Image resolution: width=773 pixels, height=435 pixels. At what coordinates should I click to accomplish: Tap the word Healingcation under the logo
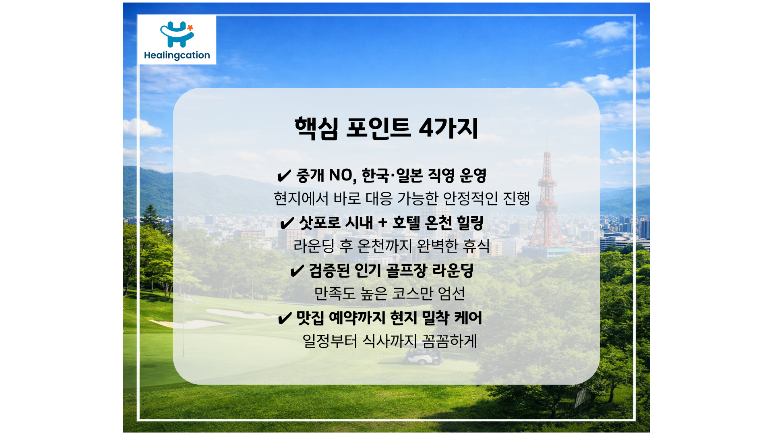[177, 55]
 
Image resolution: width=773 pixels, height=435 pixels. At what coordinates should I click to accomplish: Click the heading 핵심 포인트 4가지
[386, 128]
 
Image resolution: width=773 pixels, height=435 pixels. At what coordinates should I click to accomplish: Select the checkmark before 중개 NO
[284, 176]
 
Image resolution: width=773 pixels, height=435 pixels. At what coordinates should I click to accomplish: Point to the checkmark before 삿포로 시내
[287, 223]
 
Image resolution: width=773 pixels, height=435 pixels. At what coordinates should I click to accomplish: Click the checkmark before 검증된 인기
[297, 271]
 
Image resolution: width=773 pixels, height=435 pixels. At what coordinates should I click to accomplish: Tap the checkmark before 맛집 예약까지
[285, 319]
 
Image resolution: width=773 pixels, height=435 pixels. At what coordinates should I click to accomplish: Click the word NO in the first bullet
[341, 176]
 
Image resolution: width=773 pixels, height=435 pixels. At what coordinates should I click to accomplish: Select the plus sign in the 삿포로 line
[382, 223]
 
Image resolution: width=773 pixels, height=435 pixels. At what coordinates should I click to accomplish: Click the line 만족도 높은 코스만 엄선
[390, 294]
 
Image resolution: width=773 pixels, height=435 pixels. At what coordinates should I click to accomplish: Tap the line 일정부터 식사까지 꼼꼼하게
[390, 341]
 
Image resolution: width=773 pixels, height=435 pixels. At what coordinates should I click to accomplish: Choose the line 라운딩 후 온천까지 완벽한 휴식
[392, 246]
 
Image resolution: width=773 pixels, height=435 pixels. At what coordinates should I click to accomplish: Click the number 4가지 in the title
[449, 128]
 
